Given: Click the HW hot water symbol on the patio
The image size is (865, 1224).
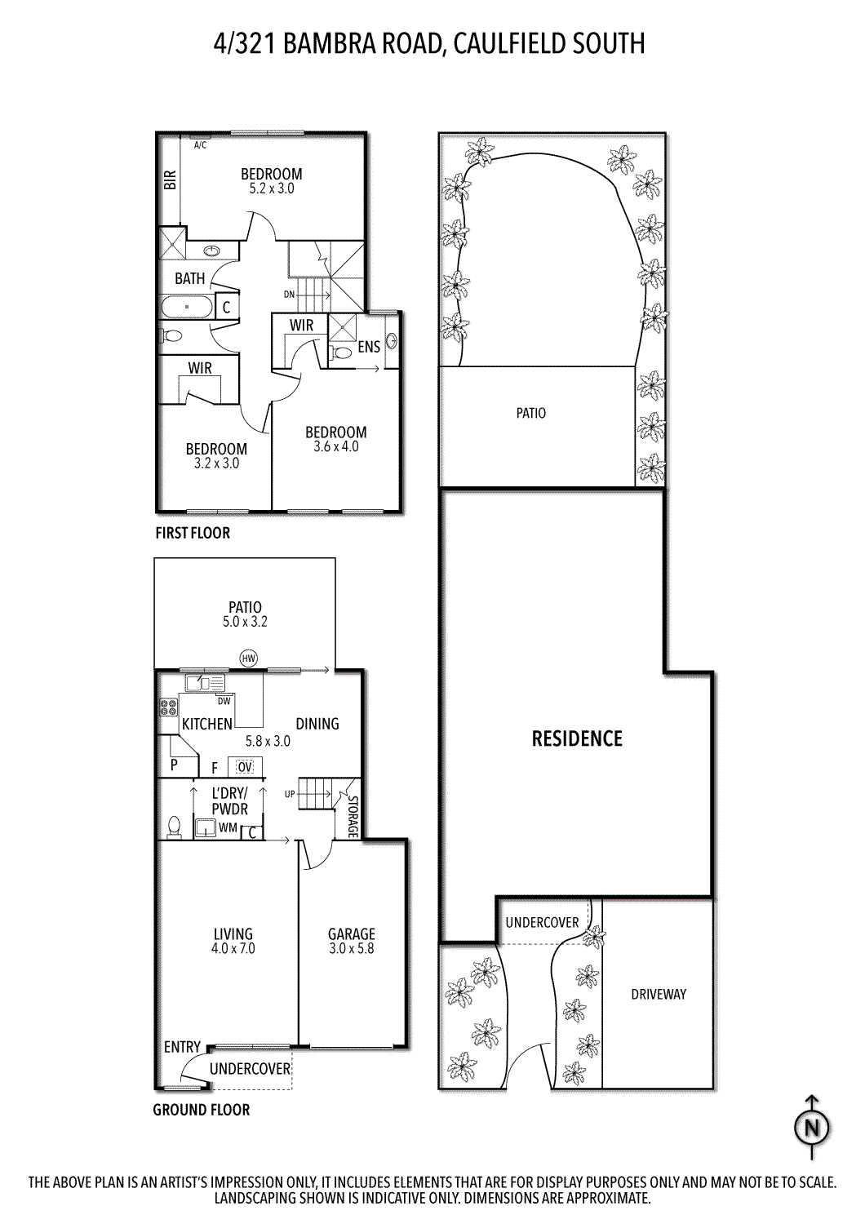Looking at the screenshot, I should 249,658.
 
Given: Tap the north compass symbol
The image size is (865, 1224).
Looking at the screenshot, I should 811,1128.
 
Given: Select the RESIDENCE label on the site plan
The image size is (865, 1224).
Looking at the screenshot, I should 577,738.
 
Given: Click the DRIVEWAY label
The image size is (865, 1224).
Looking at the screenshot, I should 659,994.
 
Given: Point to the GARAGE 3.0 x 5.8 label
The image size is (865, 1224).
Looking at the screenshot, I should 352,941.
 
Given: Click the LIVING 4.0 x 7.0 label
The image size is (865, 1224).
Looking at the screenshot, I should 233,941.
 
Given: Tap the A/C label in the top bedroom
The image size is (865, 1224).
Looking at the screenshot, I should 200,145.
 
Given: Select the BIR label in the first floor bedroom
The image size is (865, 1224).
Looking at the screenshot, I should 170,180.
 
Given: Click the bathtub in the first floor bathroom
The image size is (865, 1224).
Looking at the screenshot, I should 187,307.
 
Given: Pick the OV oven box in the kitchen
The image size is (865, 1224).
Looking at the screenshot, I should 245,766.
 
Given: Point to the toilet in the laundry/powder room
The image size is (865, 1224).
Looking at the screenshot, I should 174,827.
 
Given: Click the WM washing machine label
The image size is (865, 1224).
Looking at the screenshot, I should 228,827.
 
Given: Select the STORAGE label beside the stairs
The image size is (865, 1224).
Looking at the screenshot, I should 353,817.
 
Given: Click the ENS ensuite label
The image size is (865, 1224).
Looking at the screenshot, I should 369,347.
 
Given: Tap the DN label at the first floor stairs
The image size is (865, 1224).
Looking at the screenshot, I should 289,295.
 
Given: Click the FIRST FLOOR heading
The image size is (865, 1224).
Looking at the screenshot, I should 193,533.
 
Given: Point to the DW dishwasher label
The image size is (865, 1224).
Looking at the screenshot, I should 224,701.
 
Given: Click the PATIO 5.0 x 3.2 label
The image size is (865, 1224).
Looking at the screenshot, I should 245,614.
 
